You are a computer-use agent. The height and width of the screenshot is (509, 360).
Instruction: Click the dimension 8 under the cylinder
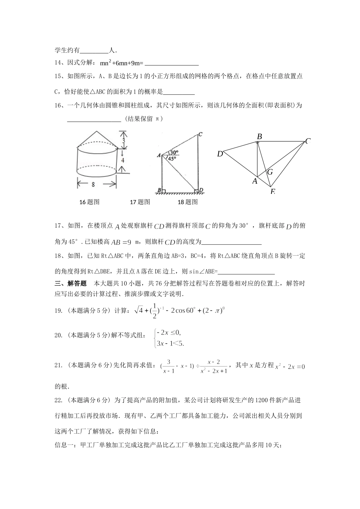coord(93,185)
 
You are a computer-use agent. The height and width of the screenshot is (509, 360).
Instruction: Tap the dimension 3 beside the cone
coord(123,141)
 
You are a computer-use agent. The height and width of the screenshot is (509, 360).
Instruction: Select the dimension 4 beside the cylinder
coord(123,160)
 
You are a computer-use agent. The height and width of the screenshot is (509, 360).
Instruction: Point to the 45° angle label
coord(172,159)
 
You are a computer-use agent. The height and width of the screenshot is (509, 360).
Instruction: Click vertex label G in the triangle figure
coord(270,172)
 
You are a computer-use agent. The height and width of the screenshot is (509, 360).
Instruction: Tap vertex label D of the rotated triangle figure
coord(220,154)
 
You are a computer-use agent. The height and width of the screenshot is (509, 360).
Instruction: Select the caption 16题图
coord(89,202)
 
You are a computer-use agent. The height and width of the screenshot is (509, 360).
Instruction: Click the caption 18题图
coord(188,202)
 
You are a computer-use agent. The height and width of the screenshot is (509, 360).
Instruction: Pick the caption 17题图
coord(140,202)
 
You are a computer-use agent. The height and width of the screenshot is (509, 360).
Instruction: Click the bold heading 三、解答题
coord(71,283)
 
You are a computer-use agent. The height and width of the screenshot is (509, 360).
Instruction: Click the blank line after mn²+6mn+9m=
coord(172,63)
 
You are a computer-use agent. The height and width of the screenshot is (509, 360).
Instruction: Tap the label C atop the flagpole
coord(200,134)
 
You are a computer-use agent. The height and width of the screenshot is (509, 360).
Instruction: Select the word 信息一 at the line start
coord(65,445)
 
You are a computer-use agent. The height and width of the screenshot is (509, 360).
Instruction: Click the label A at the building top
coord(159,155)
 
